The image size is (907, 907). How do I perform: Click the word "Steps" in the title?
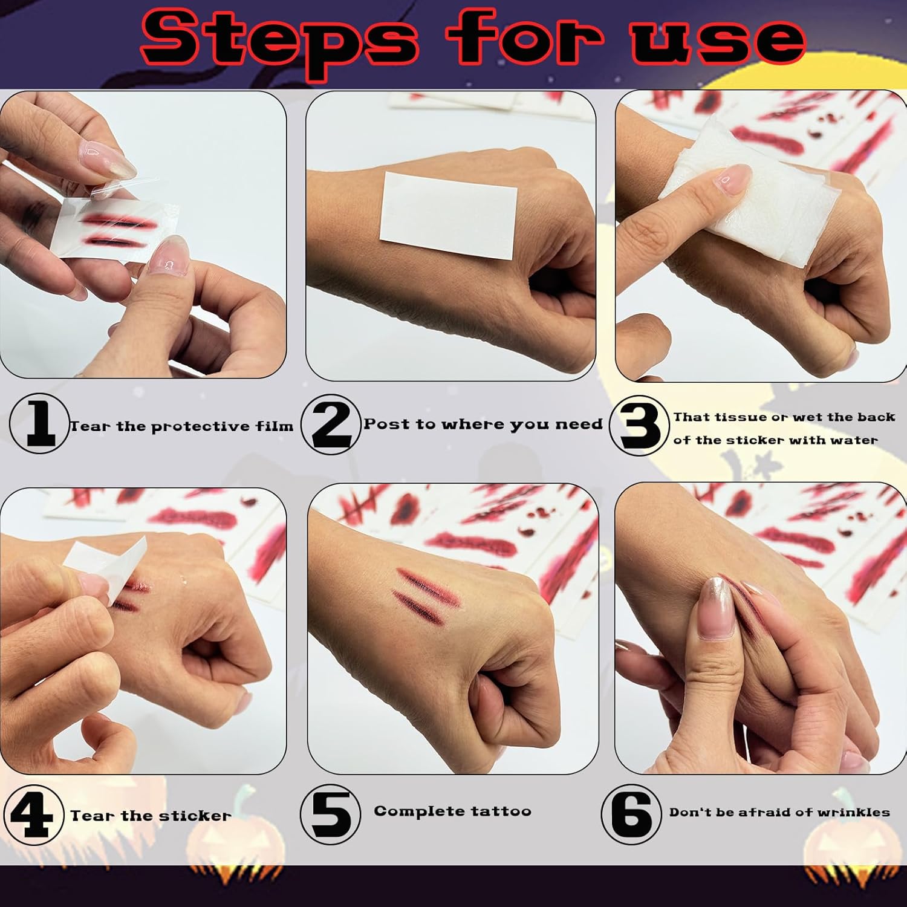[x=279, y=38]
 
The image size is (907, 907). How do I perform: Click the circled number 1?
[x=39, y=423]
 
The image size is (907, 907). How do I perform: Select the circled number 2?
[x=331, y=424]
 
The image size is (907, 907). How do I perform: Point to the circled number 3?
[x=639, y=425]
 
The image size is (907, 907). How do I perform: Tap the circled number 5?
[x=330, y=814]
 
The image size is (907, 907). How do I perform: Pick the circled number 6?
[x=631, y=814]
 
